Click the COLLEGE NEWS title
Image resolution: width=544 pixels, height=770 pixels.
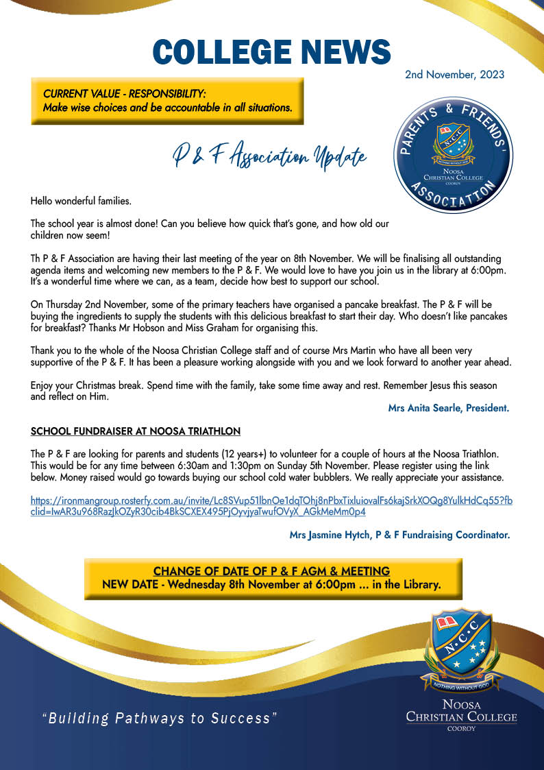271,52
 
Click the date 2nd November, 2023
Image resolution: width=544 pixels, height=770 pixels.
454,74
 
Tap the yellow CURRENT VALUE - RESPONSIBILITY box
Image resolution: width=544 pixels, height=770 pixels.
167,100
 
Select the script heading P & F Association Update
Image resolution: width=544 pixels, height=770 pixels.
269,157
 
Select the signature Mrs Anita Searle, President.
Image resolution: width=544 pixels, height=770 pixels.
449,408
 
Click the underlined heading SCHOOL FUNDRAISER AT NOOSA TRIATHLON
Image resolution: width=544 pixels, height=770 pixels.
136,431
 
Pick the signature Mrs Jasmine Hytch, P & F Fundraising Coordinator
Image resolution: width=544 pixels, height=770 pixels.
400,535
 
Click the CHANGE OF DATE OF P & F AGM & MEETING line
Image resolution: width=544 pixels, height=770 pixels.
271,571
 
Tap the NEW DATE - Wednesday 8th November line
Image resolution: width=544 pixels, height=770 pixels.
271,585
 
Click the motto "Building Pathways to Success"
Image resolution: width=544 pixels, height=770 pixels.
159,719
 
